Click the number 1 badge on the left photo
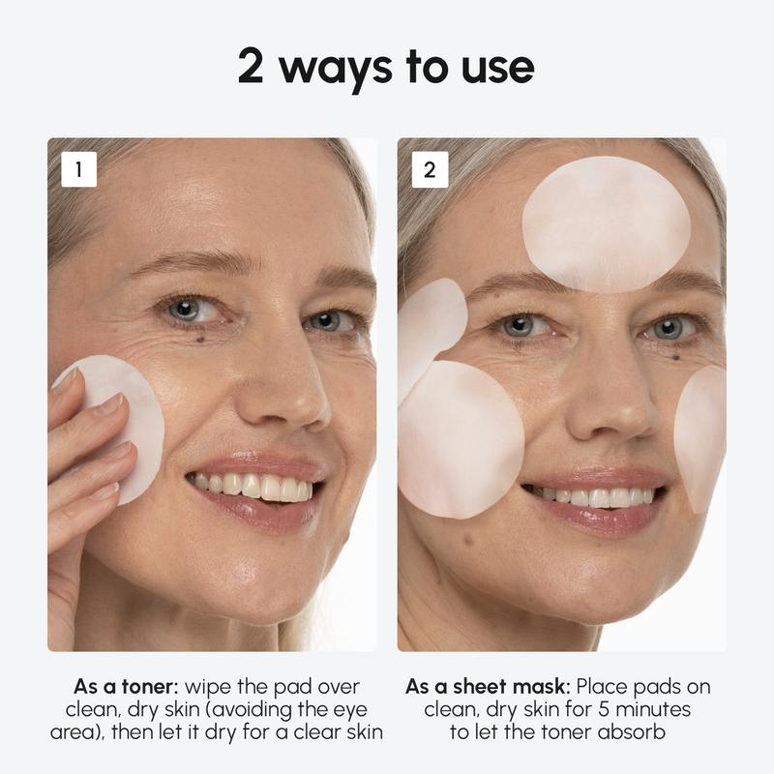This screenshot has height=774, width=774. (x=78, y=170)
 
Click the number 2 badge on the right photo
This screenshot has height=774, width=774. (x=430, y=170)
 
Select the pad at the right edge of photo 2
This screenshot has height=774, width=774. (x=702, y=435)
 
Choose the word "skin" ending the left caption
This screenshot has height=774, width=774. (x=362, y=730)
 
